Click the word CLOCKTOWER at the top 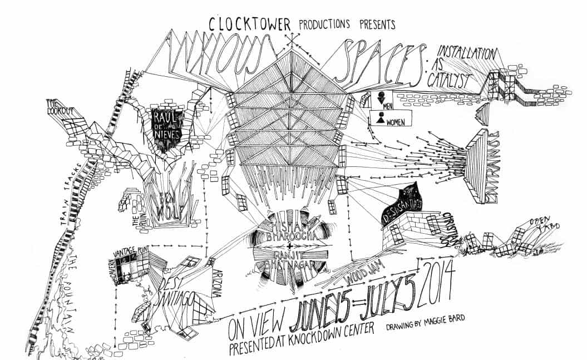tap(251, 24)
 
